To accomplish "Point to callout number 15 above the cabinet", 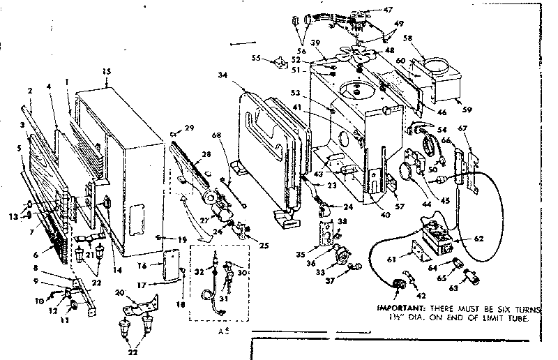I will pyautogui.click(x=107, y=72).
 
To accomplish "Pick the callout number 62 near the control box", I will pyautogui.click(x=478, y=238).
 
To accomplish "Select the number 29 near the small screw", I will pyautogui.click(x=189, y=126).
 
